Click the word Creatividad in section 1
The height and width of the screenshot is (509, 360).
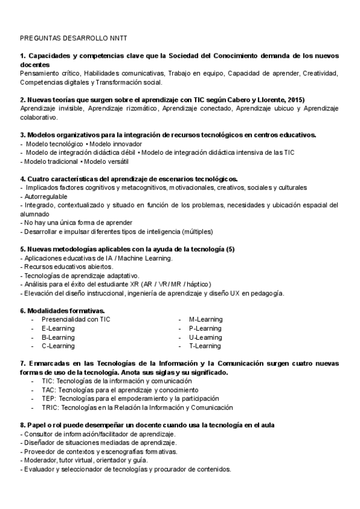tap(320, 73)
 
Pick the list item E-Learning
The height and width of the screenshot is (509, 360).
tap(58, 328)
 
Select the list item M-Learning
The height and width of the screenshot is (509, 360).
tap(205, 319)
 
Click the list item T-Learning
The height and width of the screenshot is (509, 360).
tap(205, 346)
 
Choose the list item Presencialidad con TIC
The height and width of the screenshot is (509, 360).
tap(76, 319)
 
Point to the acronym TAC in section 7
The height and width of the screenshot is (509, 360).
tap(49, 390)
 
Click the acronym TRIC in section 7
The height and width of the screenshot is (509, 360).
tap(50, 408)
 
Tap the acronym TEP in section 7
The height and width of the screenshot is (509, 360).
tap(49, 399)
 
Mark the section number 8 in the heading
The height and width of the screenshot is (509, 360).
tap(22, 425)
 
